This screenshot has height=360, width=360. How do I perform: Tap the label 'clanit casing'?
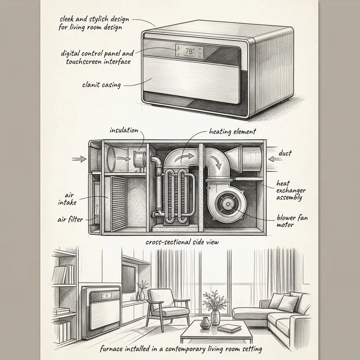[102, 84]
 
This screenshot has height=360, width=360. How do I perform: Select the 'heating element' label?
[232, 132]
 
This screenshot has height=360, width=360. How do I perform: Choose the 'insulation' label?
[124, 130]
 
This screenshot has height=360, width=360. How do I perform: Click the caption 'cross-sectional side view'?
[182, 242]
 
